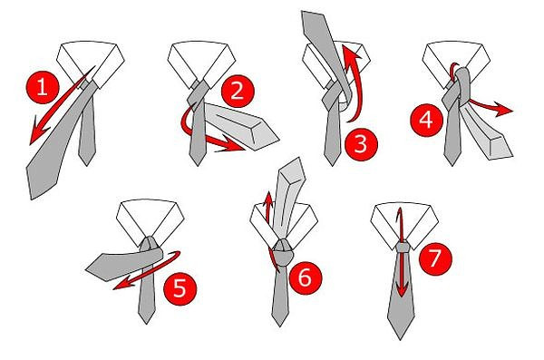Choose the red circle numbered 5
click(x=180, y=290)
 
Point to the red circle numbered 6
click(x=304, y=276)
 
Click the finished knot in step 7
click(x=400, y=246)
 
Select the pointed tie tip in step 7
click(x=400, y=335)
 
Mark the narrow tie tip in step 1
click(x=87, y=161)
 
